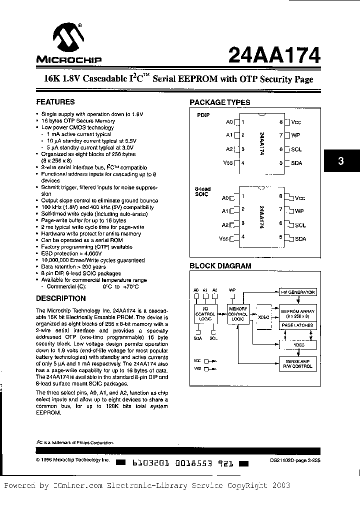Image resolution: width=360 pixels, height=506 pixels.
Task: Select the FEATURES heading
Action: coord(55,102)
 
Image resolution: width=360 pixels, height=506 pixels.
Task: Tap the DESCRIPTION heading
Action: coord(61,298)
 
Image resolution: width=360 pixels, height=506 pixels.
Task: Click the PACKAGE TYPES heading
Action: coord(219,102)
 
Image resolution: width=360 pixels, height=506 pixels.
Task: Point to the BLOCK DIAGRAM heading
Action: coord(220,266)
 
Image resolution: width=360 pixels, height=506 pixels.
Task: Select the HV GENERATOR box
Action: coord(297,292)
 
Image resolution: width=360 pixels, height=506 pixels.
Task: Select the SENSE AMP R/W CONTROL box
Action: coord(297,363)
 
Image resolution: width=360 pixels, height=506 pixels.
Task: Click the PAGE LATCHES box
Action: coord(297,325)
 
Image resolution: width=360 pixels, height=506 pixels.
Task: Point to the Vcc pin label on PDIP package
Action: coord(296,122)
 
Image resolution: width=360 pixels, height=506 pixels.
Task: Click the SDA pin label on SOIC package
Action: coord(300,239)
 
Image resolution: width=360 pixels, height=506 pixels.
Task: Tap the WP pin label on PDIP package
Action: coord(296,135)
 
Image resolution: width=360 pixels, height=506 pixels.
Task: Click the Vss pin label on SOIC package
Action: coord(223,239)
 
